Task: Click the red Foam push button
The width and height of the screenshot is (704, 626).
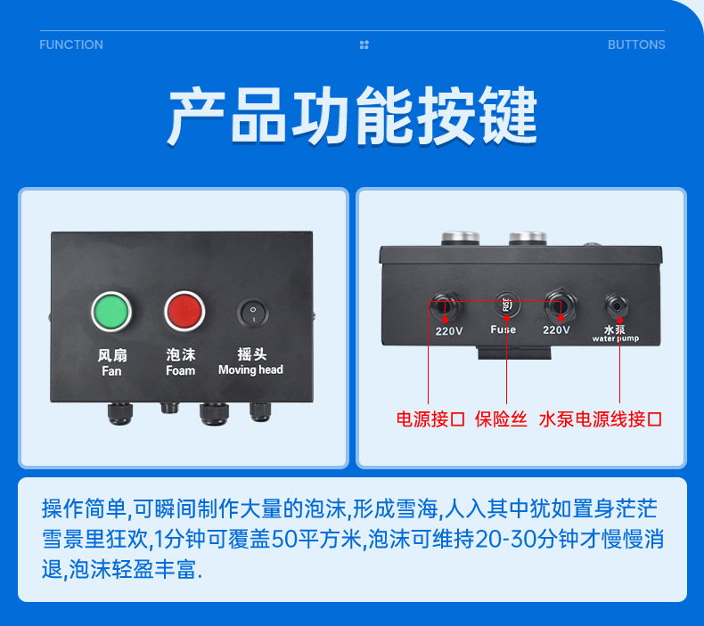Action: coord(184,311)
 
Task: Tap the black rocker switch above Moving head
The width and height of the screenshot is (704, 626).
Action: coord(252,313)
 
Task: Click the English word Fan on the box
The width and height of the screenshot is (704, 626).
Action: coord(111,370)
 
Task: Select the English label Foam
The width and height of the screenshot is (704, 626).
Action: coord(180,370)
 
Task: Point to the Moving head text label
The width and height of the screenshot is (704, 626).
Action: coord(250,370)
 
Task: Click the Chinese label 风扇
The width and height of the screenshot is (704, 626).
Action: coord(111,355)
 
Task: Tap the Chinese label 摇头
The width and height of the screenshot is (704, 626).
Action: coord(252,354)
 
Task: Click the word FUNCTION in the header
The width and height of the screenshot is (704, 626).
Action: coord(71,45)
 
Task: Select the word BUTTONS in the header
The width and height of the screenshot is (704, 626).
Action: coord(636,45)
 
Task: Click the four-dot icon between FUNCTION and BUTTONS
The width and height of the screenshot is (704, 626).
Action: coord(364,45)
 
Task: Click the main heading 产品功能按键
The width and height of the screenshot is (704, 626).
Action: coord(352,116)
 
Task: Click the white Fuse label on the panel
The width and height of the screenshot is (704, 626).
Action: coord(503,329)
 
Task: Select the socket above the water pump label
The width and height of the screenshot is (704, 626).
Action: coord(616,305)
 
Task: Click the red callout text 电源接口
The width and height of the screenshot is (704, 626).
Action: coord(430,419)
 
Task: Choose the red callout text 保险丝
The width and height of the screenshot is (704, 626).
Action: coord(501,419)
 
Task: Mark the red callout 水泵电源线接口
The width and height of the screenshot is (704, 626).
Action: coord(600,419)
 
